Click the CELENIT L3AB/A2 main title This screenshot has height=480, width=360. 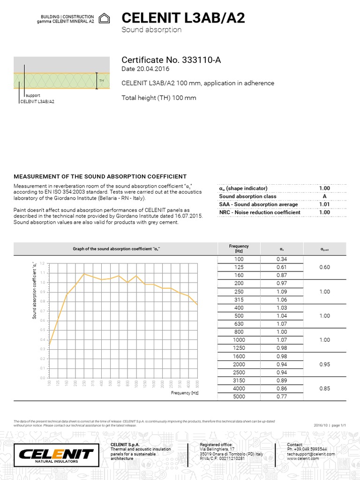(x=183, y=18)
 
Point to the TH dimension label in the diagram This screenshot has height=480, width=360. (x=101, y=81)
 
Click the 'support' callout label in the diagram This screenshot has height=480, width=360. (x=32, y=95)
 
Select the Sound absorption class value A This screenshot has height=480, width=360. (x=324, y=196)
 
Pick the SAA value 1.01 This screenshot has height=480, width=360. (x=324, y=204)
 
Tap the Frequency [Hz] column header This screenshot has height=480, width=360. (x=239, y=248)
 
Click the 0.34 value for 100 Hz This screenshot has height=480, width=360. (x=281, y=259)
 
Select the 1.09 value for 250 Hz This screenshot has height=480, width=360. (x=281, y=292)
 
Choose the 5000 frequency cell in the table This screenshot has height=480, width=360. (x=239, y=396)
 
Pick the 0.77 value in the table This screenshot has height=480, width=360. (x=281, y=396)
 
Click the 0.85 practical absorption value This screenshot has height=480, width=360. (x=324, y=388)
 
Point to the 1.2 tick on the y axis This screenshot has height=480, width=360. (x=43, y=263)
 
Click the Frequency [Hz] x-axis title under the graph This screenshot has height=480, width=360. (x=185, y=393)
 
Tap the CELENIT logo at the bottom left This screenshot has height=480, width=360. (x=56, y=454)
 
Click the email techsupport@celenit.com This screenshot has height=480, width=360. (x=307, y=454)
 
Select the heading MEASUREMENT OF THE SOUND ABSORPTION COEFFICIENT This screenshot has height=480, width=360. (x=100, y=176)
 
